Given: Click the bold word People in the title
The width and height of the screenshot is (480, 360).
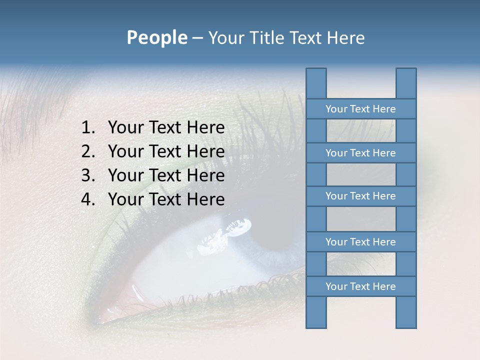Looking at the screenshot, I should pyautogui.click(x=156, y=38).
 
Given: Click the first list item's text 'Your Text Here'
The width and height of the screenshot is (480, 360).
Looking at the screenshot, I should pyautogui.click(x=166, y=128).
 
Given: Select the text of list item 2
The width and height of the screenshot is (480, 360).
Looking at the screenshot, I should pyautogui.click(x=166, y=152).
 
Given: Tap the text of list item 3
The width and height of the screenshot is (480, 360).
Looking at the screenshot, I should pyautogui.click(x=166, y=176).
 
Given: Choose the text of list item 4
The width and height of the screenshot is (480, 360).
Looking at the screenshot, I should pyautogui.click(x=166, y=200).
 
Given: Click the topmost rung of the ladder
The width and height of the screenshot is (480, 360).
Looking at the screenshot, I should pyautogui.click(x=360, y=109).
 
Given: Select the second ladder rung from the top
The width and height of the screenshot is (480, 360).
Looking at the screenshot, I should pyautogui.click(x=360, y=153).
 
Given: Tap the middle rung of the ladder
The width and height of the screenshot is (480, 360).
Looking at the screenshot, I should pyautogui.click(x=360, y=196).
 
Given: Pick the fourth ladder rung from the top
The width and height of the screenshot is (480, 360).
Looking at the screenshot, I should pyautogui.click(x=360, y=242).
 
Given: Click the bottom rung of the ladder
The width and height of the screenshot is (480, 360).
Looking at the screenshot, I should pyautogui.click(x=360, y=286).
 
